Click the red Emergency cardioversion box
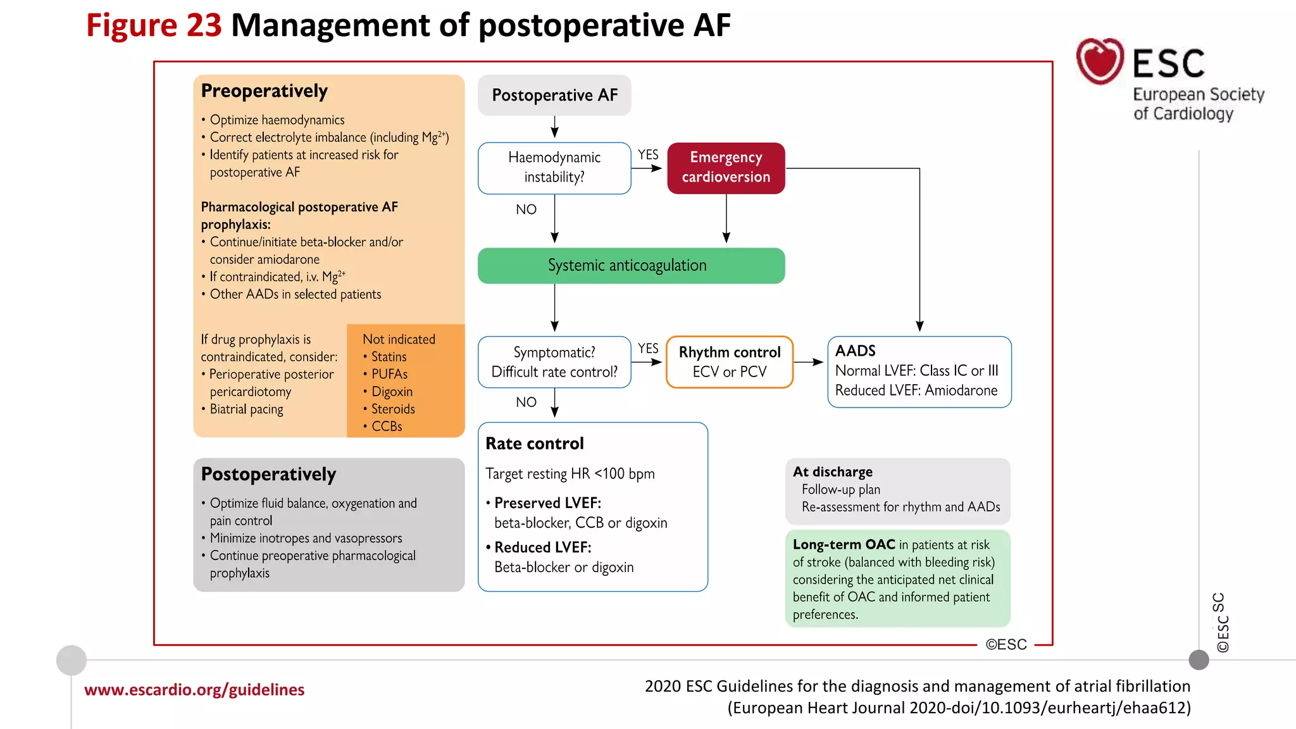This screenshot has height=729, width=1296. (x=726, y=168)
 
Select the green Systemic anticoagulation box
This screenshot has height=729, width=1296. (x=631, y=265)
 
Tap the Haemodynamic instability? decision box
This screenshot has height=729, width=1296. (x=554, y=168)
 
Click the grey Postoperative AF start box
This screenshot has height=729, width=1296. (x=554, y=95)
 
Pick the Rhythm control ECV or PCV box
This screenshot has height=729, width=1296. (x=729, y=361)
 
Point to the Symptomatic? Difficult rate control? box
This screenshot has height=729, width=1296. (x=554, y=361)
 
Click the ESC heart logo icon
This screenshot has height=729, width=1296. (x=1100, y=61)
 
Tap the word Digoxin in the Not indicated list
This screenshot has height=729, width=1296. (x=392, y=392)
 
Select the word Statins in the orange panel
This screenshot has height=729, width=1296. (x=389, y=357)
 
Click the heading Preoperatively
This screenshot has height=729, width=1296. (x=264, y=91)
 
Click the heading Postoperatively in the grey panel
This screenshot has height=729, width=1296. (x=268, y=475)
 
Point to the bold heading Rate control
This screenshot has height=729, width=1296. (x=535, y=444)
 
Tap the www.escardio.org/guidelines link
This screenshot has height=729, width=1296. (x=194, y=690)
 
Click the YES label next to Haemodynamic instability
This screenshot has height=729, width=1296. (x=648, y=155)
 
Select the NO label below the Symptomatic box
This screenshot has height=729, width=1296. (x=526, y=402)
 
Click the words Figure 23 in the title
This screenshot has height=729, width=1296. (x=154, y=26)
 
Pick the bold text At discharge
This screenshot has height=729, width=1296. (x=832, y=472)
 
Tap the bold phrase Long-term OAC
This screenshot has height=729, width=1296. (x=844, y=545)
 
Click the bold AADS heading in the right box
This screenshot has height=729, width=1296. (x=855, y=351)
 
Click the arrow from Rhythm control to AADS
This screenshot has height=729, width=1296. (x=809, y=362)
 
